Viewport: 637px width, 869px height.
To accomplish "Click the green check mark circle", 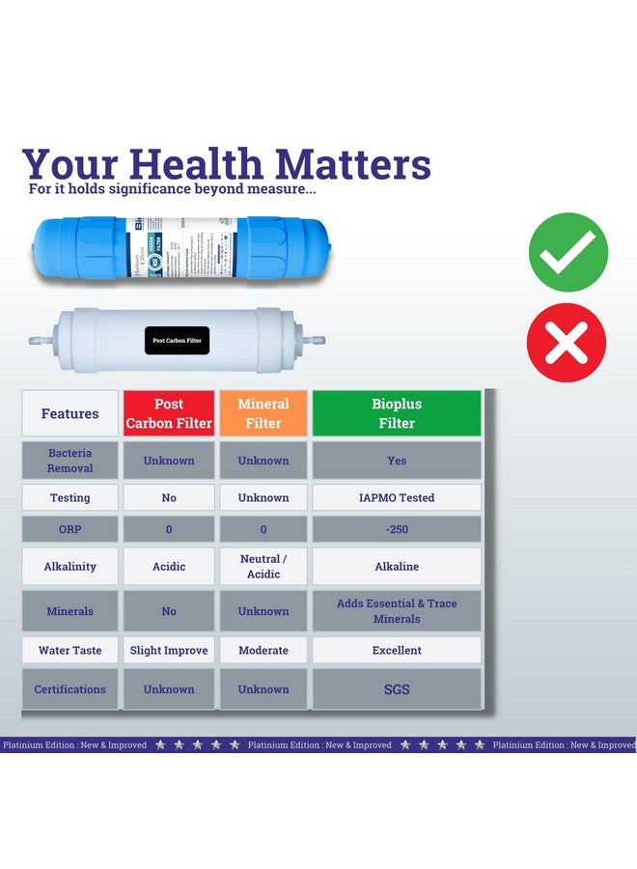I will [568, 253].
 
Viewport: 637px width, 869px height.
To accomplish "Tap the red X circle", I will [567, 342].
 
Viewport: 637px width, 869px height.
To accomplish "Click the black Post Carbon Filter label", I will [178, 340].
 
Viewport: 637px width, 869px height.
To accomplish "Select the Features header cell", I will [69, 413].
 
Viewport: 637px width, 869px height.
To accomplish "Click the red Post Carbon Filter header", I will [169, 413].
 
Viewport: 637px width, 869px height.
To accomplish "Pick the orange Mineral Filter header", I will [263, 413].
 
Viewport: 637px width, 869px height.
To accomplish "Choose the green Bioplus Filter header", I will [397, 413].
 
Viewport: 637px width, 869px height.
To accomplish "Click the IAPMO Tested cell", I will [397, 498].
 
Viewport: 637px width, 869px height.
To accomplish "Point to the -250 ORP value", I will [397, 529].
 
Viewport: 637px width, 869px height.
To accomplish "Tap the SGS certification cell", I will [397, 689].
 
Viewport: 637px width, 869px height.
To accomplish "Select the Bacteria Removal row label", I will [69, 461].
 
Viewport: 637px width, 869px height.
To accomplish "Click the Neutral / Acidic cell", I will [263, 567].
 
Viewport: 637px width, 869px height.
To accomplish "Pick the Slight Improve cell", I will [169, 651].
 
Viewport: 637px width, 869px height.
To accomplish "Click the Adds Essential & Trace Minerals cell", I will [397, 611].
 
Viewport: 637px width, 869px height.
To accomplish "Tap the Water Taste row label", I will [69, 651].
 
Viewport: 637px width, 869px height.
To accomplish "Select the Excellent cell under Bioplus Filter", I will [397, 651].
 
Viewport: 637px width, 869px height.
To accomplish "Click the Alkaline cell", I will [397, 567].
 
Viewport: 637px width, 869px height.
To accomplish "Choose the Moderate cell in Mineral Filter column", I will [263, 651].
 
